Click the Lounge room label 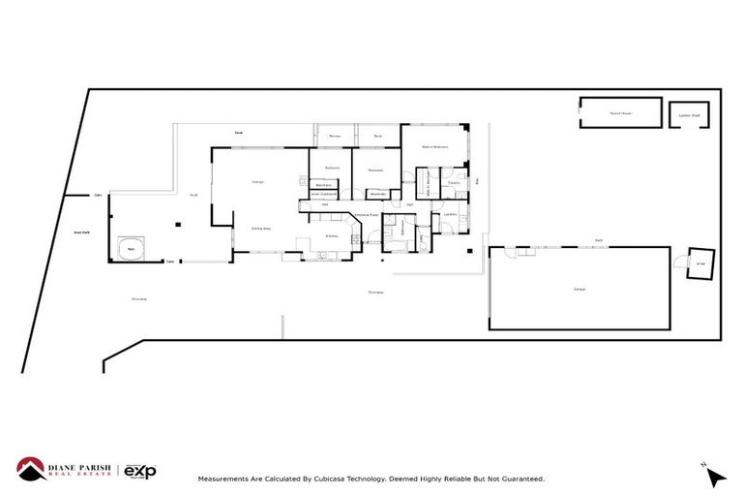(258, 181)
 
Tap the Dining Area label (260, 228)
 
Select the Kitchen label (331, 235)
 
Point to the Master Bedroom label (434, 146)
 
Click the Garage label (579, 289)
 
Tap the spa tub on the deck (132, 249)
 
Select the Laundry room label (451, 214)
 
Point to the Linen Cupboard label (322, 195)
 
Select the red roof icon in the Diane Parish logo (30, 468)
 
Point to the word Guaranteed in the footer (520, 479)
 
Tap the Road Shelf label (82, 232)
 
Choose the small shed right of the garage (699, 263)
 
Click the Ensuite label (453, 181)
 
